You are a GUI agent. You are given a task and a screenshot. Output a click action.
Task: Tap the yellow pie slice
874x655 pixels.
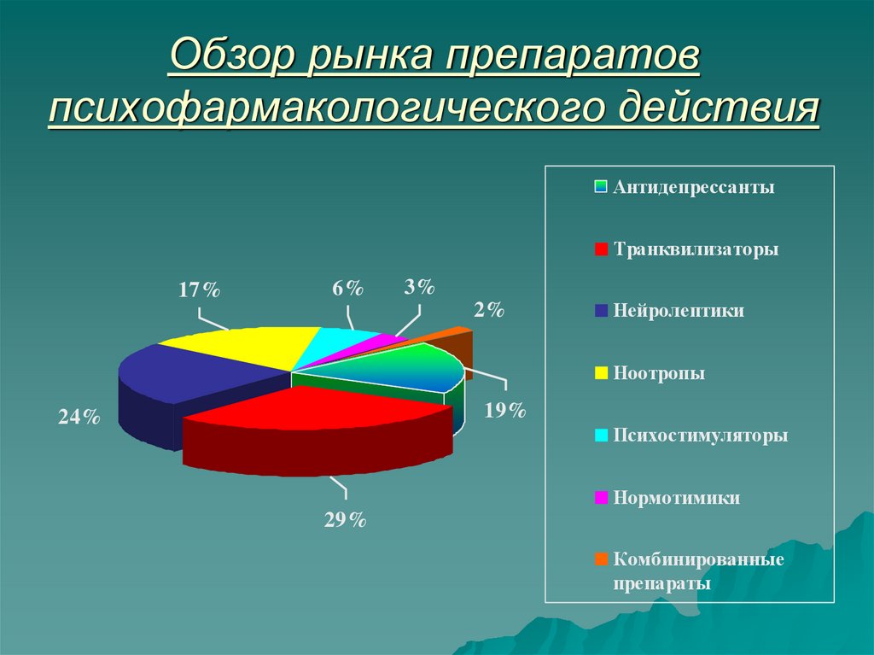[x=239, y=346]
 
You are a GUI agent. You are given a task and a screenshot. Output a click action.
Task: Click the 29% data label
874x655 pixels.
[x=345, y=519]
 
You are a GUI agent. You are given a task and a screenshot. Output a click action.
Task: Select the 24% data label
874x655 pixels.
[x=79, y=418]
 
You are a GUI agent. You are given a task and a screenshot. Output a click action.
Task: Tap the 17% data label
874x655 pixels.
[x=199, y=290]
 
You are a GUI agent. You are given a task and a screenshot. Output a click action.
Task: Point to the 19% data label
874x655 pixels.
[x=504, y=411]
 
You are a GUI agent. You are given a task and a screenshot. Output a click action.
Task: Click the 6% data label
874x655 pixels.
[x=347, y=289]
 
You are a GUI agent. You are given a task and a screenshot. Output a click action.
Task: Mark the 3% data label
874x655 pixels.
[x=419, y=287]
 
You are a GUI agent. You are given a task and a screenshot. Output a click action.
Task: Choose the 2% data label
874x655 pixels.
[x=490, y=310]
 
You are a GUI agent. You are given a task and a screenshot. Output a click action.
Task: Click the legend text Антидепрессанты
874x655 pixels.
[x=693, y=187]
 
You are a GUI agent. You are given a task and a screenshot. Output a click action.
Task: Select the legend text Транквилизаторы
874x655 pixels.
[x=695, y=249]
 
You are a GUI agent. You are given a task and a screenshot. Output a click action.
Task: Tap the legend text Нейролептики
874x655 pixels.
[x=678, y=311]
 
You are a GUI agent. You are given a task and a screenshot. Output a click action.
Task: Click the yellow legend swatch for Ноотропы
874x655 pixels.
[x=602, y=373]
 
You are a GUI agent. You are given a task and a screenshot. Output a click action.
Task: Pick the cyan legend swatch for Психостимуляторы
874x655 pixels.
[x=602, y=436]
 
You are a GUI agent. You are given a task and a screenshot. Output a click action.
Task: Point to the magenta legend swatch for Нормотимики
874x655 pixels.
[x=602, y=498]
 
